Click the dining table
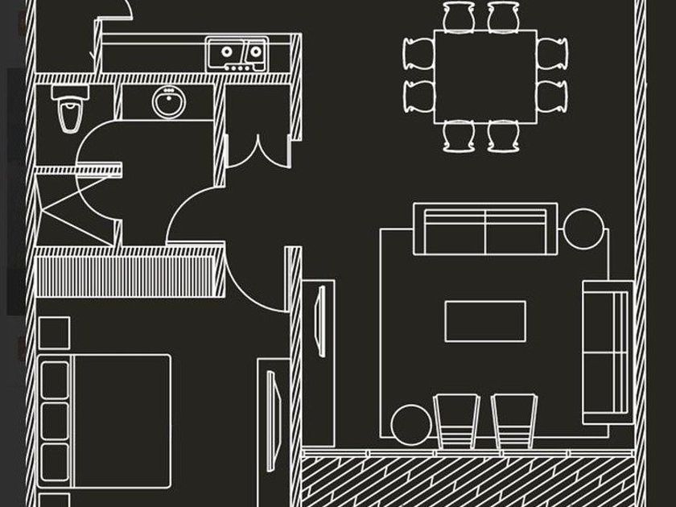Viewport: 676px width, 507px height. click(485, 76)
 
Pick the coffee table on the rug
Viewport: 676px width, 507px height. click(485, 320)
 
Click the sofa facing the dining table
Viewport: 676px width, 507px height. click(485, 229)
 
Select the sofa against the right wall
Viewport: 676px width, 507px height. click(608, 350)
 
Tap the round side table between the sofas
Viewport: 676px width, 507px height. click(583, 229)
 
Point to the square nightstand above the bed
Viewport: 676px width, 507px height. click(54, 332)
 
